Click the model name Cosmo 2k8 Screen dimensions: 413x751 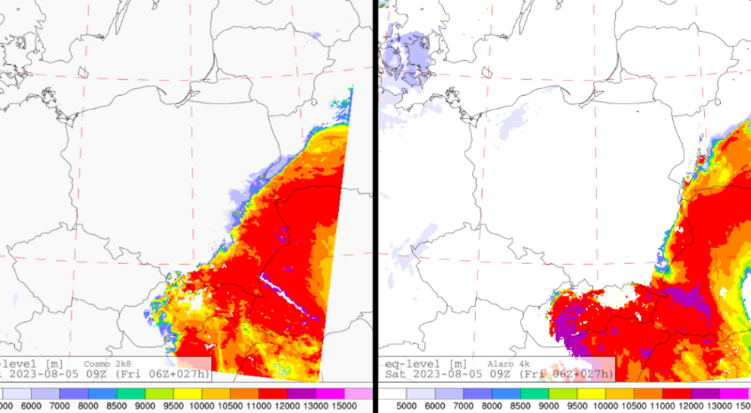pos(109,362)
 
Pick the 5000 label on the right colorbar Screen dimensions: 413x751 pos(406,405)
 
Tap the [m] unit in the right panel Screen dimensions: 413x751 pos(457,362)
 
